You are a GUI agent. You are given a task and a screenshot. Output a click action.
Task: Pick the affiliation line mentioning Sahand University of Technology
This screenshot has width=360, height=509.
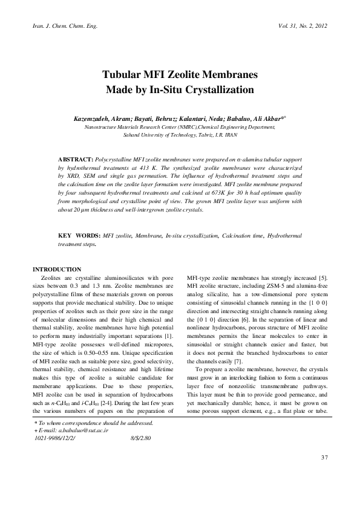pos(180,135)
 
